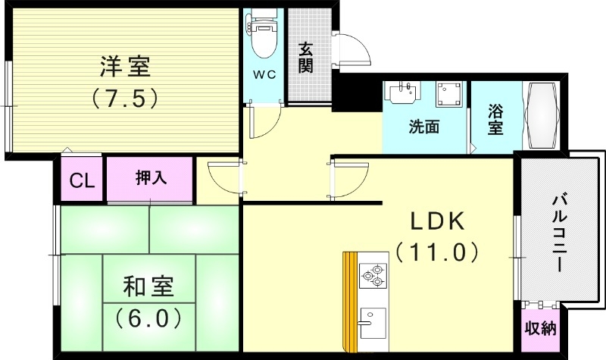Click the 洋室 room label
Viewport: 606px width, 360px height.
(x=125, y=67)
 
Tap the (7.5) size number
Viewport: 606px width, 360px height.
(x=125, y=97)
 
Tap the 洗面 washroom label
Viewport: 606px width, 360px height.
(x=424, y=127)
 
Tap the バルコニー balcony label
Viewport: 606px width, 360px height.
(x=559, y=233)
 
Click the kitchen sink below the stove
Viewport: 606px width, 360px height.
(x=372, y=324)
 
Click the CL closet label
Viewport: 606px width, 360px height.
(x=82, y=181)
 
